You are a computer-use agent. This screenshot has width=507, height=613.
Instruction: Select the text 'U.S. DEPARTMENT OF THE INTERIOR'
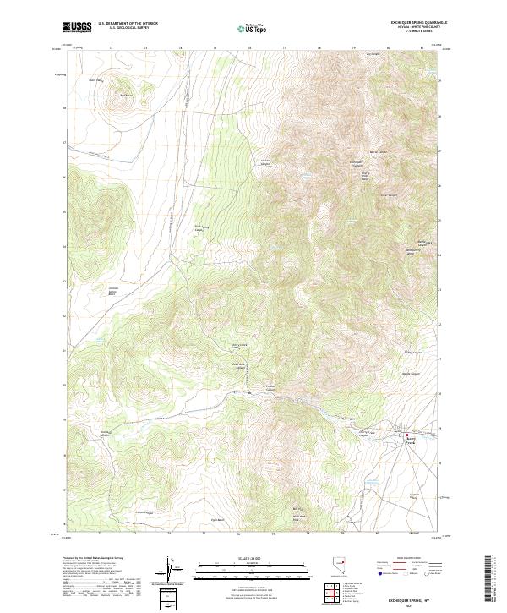click(x=128, y=24)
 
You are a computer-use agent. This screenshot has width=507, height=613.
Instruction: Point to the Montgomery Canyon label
click(x=412, y=250)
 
